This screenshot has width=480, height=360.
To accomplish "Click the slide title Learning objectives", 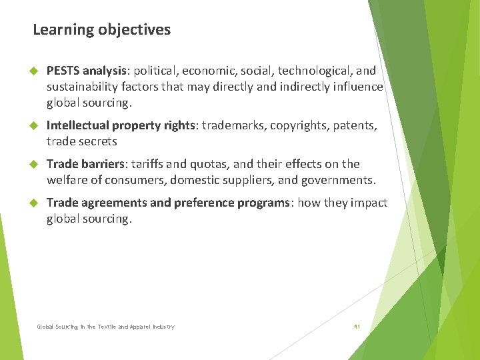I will pyautogui.click(x=101, y=30).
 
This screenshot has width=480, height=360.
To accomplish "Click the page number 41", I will pyautogui.click(x=357, y=327).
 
